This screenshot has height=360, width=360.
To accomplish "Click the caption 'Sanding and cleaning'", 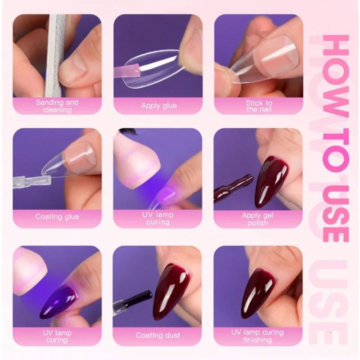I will click(57, 106).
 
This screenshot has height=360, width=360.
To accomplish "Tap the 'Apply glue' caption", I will click(159, 106).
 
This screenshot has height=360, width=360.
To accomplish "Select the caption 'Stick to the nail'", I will click(259, 106).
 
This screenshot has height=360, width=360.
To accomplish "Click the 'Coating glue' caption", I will click(57, 216).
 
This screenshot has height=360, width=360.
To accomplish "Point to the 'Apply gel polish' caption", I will click(257, 219).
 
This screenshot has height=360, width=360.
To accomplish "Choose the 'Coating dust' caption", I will click(158, 335).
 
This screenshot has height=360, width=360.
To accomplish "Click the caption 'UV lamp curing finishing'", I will click(257, 336).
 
